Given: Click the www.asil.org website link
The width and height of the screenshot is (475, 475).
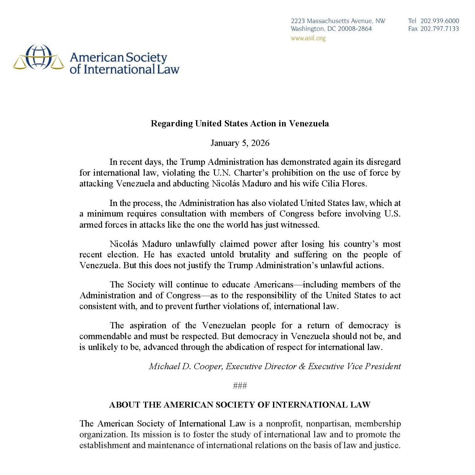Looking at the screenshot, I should coord(308,38).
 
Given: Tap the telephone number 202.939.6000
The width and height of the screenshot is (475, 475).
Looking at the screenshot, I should coord(439,21).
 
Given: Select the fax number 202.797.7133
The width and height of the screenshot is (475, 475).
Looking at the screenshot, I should coord(439,29).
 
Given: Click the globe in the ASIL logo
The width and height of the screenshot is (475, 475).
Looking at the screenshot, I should coord(38,57).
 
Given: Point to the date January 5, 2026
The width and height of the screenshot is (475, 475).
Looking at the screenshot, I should coord(240,143).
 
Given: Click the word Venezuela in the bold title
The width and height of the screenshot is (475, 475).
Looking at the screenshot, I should coord(309,124).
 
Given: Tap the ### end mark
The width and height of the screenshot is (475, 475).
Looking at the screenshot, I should coord(240,386).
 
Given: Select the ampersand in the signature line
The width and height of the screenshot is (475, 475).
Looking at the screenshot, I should coord(302,366).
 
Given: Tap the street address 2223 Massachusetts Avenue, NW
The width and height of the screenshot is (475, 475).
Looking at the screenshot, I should coord(338,21).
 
